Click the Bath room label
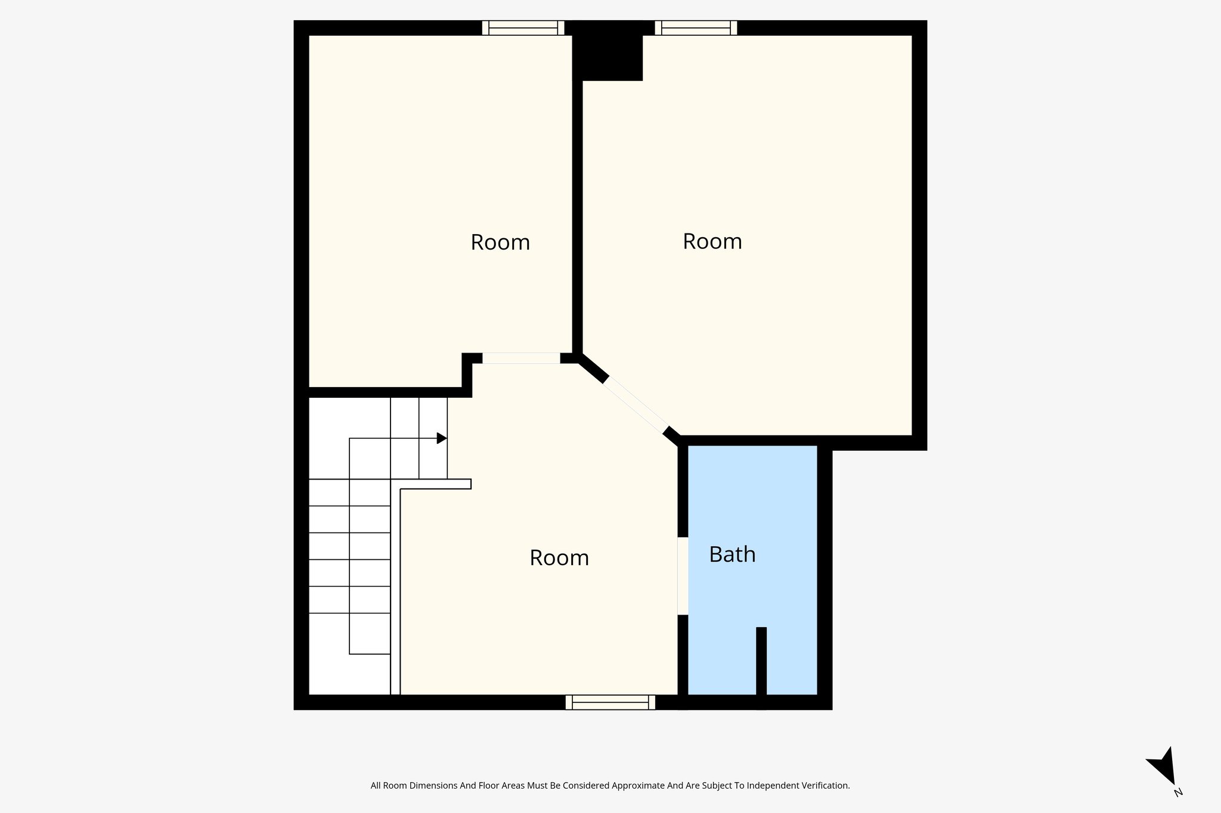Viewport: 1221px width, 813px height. click(x=732, y=555)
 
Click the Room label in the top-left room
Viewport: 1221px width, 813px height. click(x=500, y=242)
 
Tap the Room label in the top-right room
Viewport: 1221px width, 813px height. click(x=712, y=241)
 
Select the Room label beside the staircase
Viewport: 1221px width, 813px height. click(x=559, y=557)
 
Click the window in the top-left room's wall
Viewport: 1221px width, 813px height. click(x=523, y=28)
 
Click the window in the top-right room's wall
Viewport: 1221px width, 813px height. click(x=696, y=28)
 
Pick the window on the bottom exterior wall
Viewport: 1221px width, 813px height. click(x=610, y=702)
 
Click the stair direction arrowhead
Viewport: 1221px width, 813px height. click(x=442, y=438)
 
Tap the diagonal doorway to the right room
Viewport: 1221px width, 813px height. click(x=637, y=404)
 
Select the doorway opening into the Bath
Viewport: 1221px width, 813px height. click(x=683, y=576)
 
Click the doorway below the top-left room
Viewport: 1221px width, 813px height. click(x=521, y=358)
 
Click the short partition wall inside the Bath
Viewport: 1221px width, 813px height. click(x=761, y=661)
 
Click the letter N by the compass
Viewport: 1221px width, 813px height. click(x=1177, y=792)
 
